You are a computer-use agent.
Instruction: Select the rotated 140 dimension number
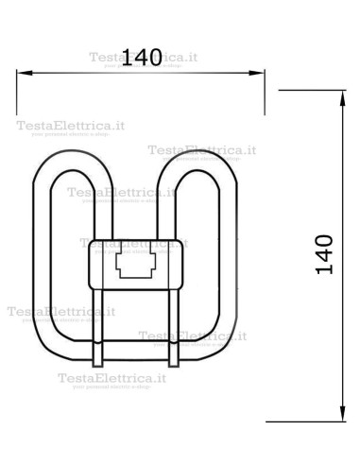(x=324, y=253)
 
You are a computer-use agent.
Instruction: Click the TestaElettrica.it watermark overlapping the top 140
(x=144, y=57)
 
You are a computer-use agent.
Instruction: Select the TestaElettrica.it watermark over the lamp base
(x=132, y=243)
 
